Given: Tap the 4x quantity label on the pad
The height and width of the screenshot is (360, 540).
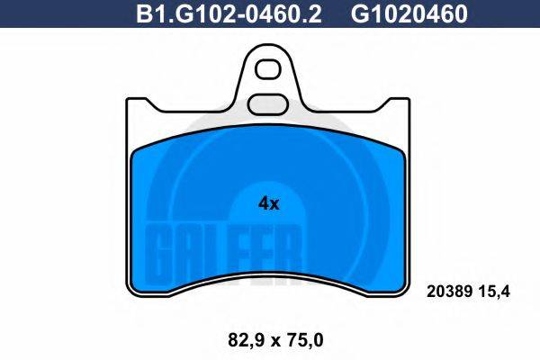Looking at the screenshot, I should pyautogui.click(x=269, y=203).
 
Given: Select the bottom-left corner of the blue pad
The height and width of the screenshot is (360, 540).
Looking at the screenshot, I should pyautogui.click(x=139, y=286).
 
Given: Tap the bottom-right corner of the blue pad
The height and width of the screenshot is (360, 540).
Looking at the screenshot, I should pyautogui.click(x=399, y=286).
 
